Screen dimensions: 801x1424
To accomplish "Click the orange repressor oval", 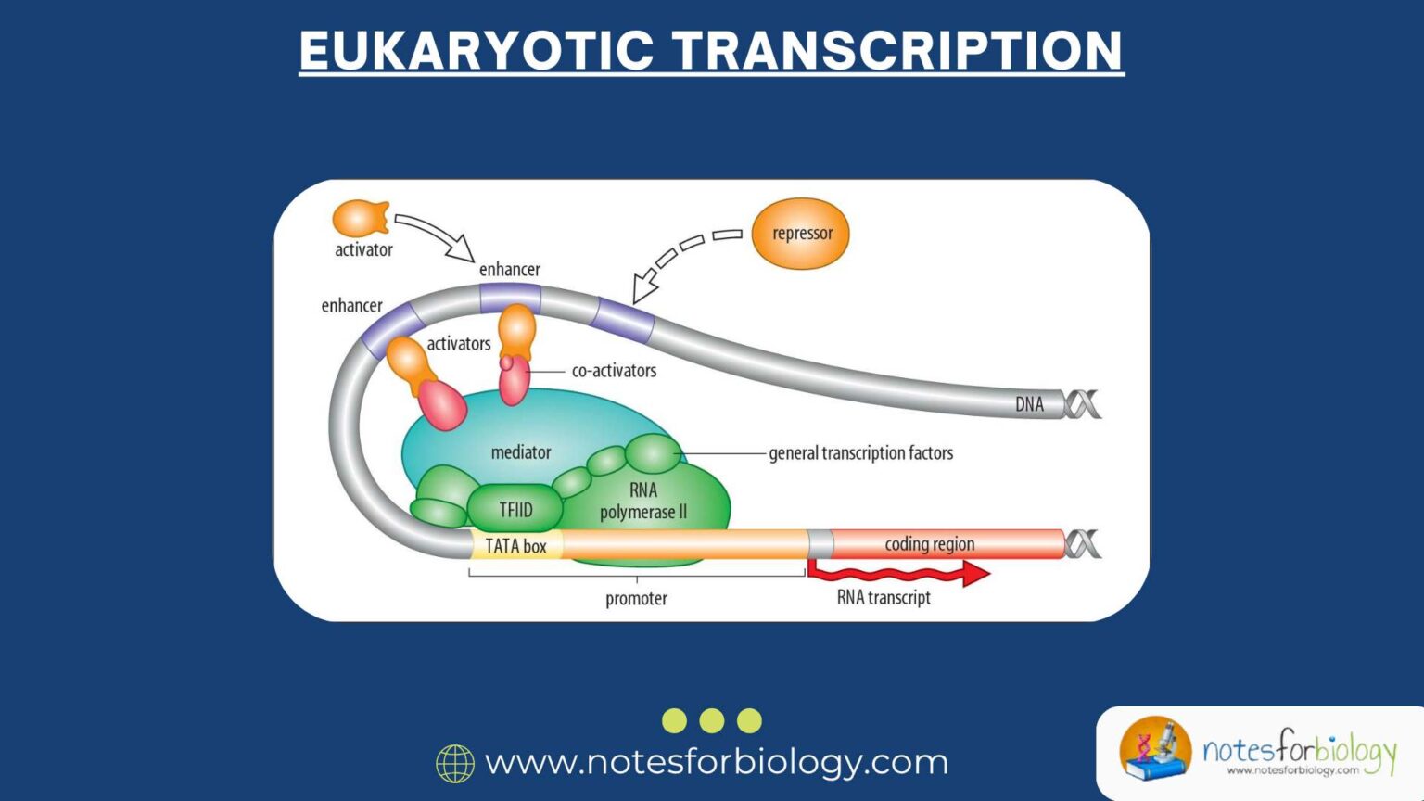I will coord(800,234).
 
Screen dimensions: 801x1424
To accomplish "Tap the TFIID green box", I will coord(515,509).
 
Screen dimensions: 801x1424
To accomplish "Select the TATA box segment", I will coord(515,546).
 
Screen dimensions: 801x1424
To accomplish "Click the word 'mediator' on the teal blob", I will coord(520,452).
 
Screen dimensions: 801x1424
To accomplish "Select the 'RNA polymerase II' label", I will coord(643,501).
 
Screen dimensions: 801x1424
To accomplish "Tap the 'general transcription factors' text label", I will coord(860,453).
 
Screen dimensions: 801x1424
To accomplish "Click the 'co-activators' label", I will coord(614,371).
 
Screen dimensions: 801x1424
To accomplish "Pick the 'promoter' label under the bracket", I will coord(636,599).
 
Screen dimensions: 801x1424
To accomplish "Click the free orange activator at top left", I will coord(360,219).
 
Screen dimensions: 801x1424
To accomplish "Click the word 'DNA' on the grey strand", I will coord(1029,404).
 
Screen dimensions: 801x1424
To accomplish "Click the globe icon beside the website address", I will coord(455,763).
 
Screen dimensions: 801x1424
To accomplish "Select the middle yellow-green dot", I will coord(712,720).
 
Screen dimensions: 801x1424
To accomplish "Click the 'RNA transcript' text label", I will coord(884,598).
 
